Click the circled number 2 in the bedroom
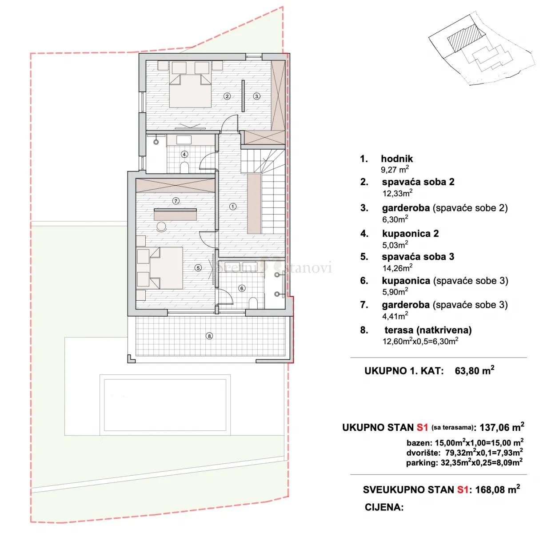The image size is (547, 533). tap(227, 96)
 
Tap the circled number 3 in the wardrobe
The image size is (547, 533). tap(256, 96)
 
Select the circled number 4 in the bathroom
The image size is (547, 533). tap(184, 154)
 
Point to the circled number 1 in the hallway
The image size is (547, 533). tap(233, 207)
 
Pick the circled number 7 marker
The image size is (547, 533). tap(176, 201)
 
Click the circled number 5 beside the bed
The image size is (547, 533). tap(198, 268)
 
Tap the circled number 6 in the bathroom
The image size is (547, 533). tap(242, 288)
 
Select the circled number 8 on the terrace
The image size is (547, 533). tap(209, 336)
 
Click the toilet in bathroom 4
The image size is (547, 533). tap(184, 167)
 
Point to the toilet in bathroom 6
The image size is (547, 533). tap(253, 303)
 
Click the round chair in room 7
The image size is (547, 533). tap(161, 227)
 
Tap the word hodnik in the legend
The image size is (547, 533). tap(397, 159)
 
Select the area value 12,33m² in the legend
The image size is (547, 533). tap(397, 193)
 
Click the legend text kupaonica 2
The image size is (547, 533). tap(411, 234)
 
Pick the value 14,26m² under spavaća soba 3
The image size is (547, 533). tap(397, 268)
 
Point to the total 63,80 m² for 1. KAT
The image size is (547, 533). tap(475, 370)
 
